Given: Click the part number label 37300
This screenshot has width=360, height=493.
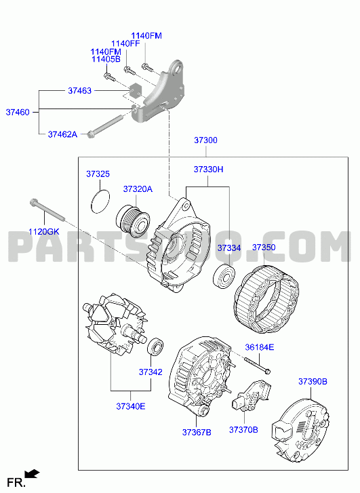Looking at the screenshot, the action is (205, 140).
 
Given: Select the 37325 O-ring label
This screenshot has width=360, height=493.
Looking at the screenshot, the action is (98, 174).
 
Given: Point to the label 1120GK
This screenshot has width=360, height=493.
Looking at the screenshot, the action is (43, 232).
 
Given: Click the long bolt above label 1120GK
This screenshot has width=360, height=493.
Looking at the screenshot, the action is (47, 210).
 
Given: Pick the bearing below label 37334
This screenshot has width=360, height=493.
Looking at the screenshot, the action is (224, 277).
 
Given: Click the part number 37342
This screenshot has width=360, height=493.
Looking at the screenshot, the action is (151, 372).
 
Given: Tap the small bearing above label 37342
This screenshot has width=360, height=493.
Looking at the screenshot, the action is (155, 347).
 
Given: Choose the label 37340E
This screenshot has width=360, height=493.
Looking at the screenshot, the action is (131, 406).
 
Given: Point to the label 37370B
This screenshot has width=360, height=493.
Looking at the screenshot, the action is (243, 429).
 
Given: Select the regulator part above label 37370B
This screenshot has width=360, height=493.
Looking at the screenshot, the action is (251, 396).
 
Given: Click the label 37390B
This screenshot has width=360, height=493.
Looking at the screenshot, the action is (313, 381).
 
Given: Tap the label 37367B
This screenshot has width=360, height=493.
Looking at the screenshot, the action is (197, 433).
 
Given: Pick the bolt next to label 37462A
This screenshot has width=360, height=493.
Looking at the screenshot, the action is (104, 127).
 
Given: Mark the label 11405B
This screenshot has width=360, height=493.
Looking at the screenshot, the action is (106, 59).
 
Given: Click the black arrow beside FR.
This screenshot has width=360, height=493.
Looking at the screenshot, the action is (32, 473).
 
